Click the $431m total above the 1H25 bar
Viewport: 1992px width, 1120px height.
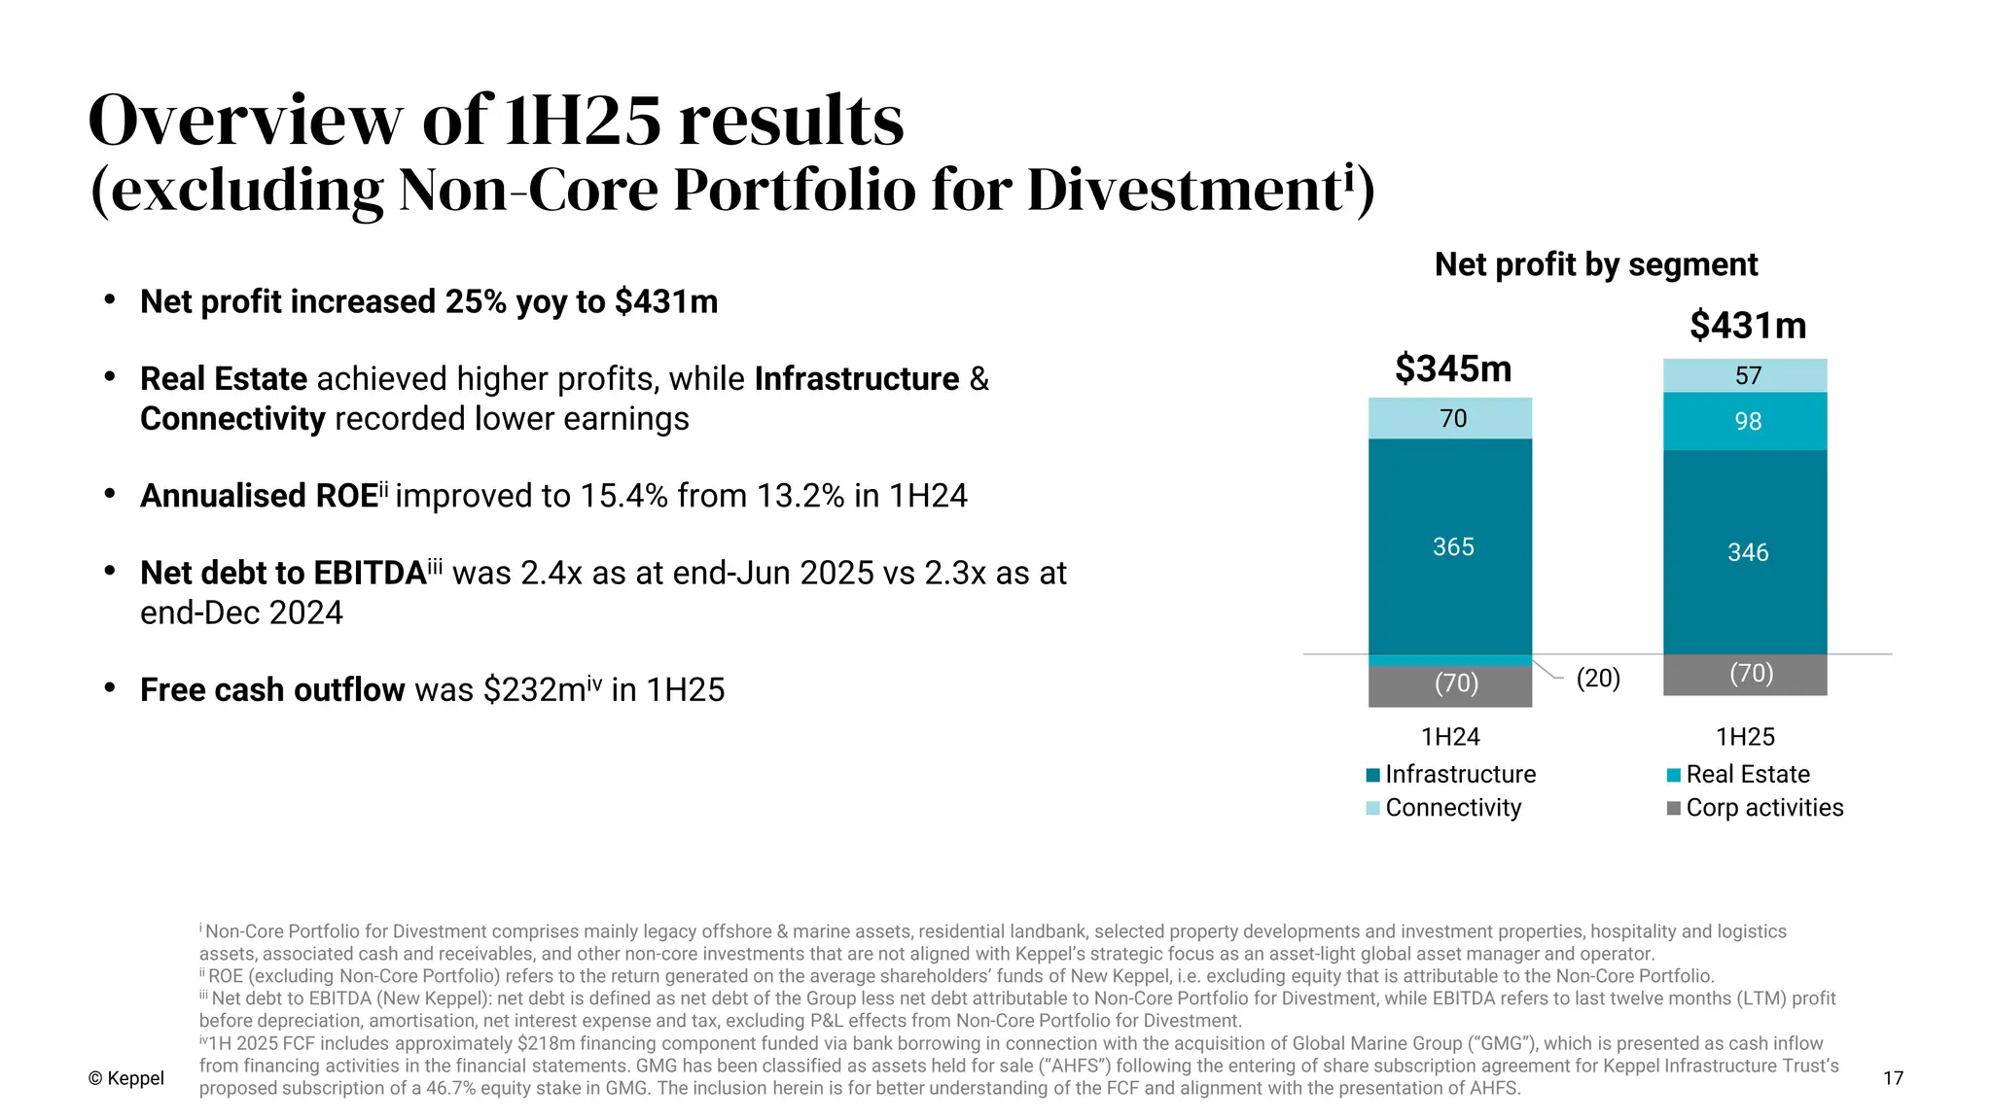(1747, 326)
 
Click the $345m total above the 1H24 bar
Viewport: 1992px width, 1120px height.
(1452, 369)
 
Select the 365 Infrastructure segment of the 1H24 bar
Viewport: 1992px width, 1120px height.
(1450, 546)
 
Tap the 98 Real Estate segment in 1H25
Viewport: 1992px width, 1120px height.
(1746, 421)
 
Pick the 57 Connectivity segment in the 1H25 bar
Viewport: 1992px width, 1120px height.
(1746, 375)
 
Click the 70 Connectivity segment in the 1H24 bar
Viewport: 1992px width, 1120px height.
(1451, 418)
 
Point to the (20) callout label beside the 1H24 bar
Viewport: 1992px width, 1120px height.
(1597, 678)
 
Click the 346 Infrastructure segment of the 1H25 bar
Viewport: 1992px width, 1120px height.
(1746, 552)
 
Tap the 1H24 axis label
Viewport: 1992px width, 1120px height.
(1449, 737)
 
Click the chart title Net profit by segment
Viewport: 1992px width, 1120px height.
(1595, 264)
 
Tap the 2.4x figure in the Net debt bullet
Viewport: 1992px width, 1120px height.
(551, 574)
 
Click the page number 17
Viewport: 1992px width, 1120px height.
(1892, 1078)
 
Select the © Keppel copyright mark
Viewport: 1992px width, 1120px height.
(125, 1078)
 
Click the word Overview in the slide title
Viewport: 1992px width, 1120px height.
(244, 121)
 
